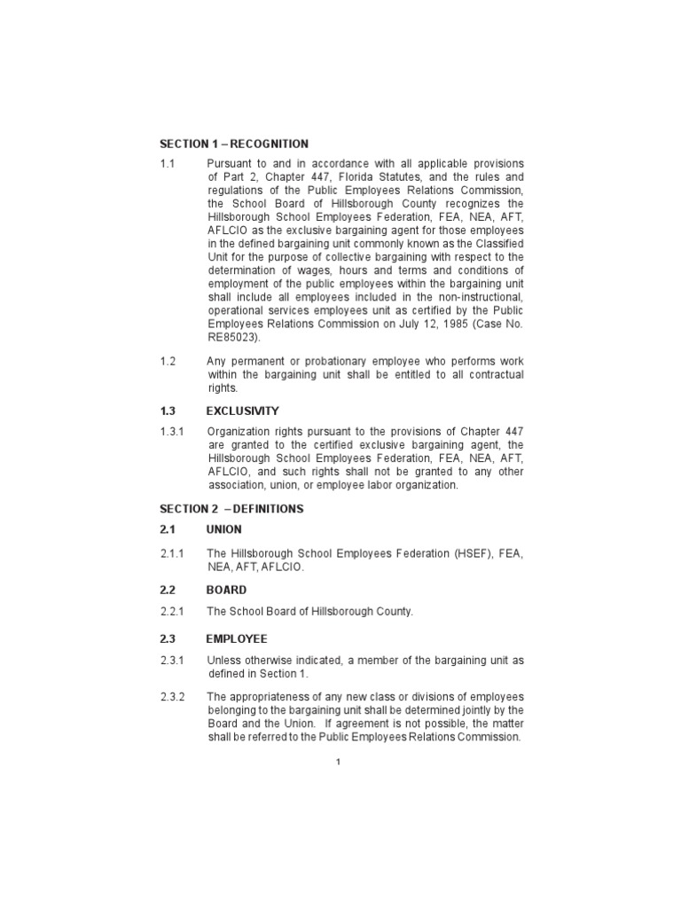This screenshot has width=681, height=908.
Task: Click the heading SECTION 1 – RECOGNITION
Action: tap(234, 144)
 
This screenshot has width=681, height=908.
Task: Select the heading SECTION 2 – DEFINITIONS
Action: tap(231, 509)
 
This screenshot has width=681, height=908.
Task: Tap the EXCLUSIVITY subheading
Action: tap(242, 411)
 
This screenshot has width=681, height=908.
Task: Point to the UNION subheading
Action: tap(224, 529)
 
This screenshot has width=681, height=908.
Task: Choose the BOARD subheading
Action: tap(226, 590)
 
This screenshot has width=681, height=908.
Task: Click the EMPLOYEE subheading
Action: tap(237, 638)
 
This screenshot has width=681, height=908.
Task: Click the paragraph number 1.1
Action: tap(168, 164)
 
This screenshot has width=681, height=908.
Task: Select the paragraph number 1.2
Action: tap(168, 362)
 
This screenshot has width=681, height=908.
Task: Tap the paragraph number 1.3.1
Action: tap(171, 431)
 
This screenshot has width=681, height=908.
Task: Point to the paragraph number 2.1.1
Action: tap(171, 554)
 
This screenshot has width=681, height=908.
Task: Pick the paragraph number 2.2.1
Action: tap(172, 612)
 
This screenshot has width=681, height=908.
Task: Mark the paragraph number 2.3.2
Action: tap(172, 696)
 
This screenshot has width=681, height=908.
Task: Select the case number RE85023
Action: tap(235, 337)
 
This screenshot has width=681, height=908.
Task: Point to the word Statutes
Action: tap(375, 177)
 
